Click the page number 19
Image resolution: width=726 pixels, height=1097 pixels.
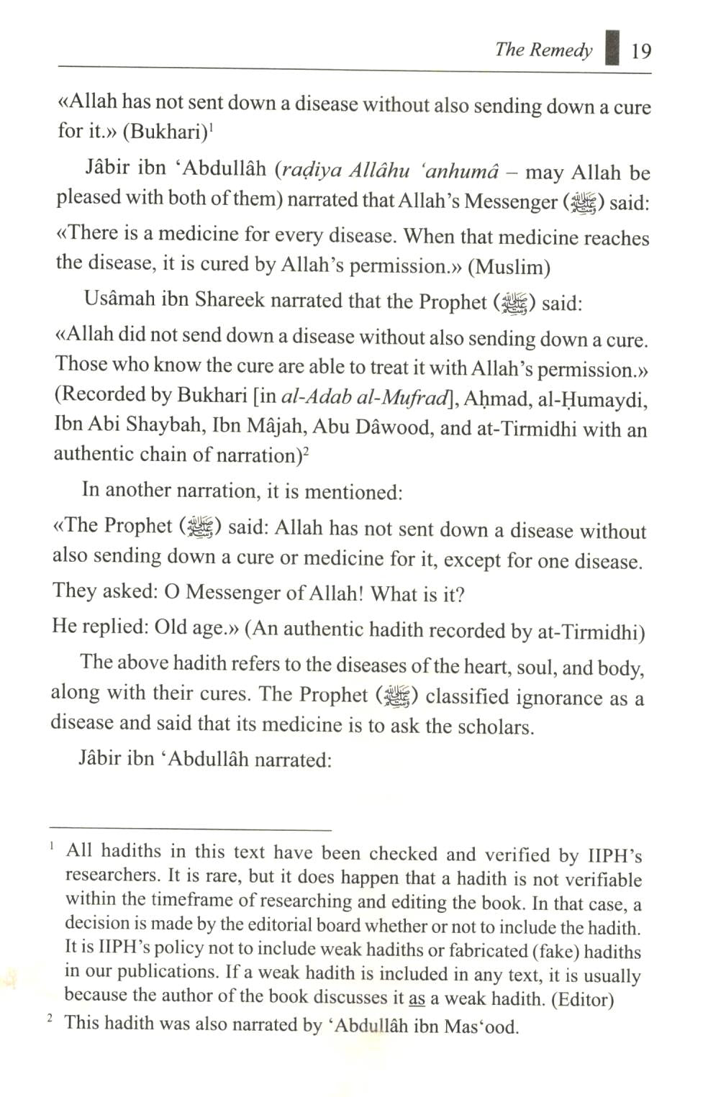[x=640, y=51]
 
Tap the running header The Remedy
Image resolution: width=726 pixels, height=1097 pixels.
[x=543, y=50]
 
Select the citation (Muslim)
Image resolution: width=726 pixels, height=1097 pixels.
[x=509, y=268]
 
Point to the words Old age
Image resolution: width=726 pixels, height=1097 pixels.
[x=191, y=627]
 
